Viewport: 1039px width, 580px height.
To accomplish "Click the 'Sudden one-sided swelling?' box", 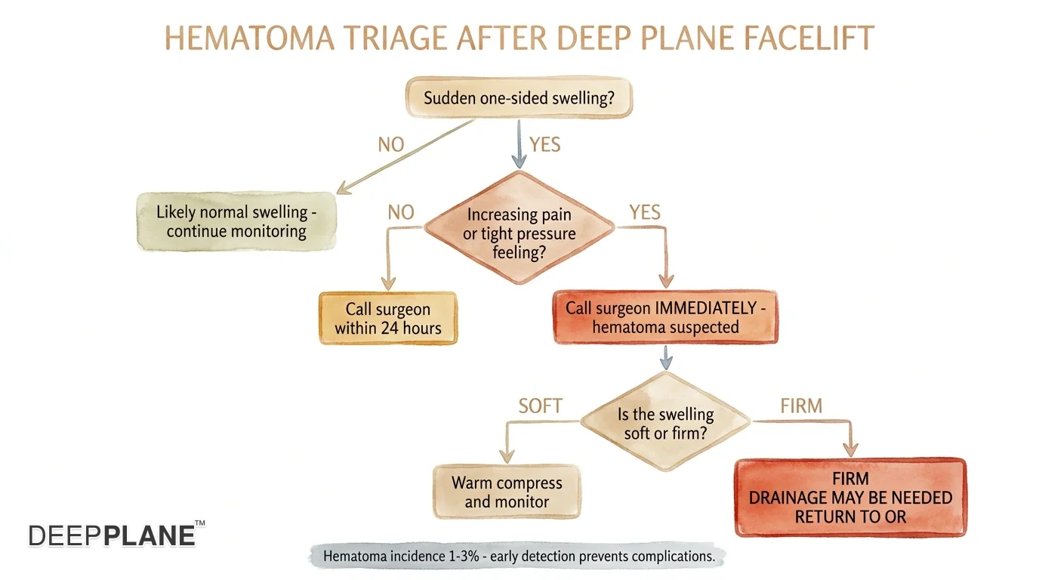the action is pyautogui.click(x=519, y=97).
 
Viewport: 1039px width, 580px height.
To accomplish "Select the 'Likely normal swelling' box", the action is pyautogui.click(x=236, y=221).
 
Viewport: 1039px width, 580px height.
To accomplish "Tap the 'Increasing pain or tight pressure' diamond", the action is pyautogui.click(x=519, y=227).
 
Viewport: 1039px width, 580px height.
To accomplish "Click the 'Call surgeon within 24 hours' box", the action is pyautogui.click(x=388, y=318).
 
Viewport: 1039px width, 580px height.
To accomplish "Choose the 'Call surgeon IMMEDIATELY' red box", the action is pyautogui.click(x=666, y=317).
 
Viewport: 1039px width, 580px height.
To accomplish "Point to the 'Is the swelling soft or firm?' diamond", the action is pyautogui.click(x=666, y=421).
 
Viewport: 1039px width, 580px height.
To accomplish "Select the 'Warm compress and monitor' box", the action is pyautogui.click(x=507, y=492).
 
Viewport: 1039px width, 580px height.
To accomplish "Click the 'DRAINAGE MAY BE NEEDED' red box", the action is pyautogui.click(x=851, y=498).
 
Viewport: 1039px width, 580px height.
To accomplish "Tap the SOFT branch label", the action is pyautogui.click(x=541, y=406).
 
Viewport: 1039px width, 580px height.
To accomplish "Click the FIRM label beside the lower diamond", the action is pyautogui.click(x=801, y=406).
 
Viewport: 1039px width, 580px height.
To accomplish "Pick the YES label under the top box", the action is pyautogui.click(x=545, y=145).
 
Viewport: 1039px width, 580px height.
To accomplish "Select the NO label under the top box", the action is pyautogui.click(x=391, y=145).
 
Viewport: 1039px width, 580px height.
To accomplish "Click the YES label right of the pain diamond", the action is pyautogui.click(x=645, y=212).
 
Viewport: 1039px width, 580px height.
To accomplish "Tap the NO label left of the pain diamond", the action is pyautogui.click(x=401, y=212).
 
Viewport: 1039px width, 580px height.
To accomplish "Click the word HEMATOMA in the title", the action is pyautogui.click(x=249, y=38).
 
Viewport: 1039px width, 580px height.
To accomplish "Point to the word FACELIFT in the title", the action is pyautogui.click(x=809, y=38).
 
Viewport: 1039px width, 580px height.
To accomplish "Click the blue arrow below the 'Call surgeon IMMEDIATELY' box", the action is pyautogui.click(x=666, y=358).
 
